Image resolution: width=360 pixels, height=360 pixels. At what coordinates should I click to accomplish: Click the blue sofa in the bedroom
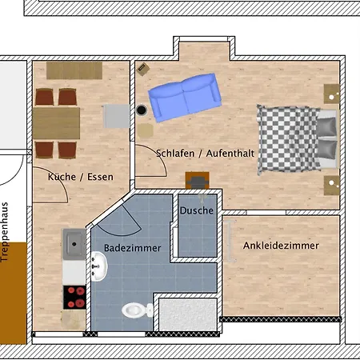click(185, 98)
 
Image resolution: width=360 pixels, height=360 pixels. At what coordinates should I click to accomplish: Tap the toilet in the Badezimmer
click(138, 310)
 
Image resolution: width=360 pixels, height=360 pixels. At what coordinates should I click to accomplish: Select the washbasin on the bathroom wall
click(99, 266)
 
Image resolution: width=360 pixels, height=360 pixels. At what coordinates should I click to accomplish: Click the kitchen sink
click(74, 244)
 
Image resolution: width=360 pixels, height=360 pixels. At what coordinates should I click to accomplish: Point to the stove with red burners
click(74, 297)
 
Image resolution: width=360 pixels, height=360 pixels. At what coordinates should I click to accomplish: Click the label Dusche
click(197, 210)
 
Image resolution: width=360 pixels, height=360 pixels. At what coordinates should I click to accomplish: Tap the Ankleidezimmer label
click(281, 246)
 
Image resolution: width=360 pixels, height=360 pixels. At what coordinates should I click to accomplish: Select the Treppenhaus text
click(5, 232)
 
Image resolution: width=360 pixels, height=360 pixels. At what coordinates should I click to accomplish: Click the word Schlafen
click(175, 154)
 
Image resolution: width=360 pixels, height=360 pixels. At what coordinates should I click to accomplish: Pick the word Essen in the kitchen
click(100, 177)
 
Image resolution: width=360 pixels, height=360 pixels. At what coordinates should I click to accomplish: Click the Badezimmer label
click(133, 248)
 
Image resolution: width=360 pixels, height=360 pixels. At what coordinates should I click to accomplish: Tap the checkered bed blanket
click(289, 139)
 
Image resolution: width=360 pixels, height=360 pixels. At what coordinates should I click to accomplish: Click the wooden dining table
click(56, 123)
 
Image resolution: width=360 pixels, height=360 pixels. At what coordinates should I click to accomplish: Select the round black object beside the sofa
click(142, 110)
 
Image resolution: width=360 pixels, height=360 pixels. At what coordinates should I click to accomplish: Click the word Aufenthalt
click(230, 154)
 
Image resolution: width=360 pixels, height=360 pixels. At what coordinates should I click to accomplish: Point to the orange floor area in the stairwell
click(14, 293)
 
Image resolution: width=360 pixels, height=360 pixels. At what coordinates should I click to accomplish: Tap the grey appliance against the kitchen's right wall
click(116, 116)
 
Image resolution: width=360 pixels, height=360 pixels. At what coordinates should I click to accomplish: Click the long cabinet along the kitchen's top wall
click(74, 70)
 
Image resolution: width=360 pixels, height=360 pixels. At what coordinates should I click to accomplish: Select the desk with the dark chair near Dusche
click(198, 181)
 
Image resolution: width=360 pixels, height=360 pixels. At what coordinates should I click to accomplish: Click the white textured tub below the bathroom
click(188, 315)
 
